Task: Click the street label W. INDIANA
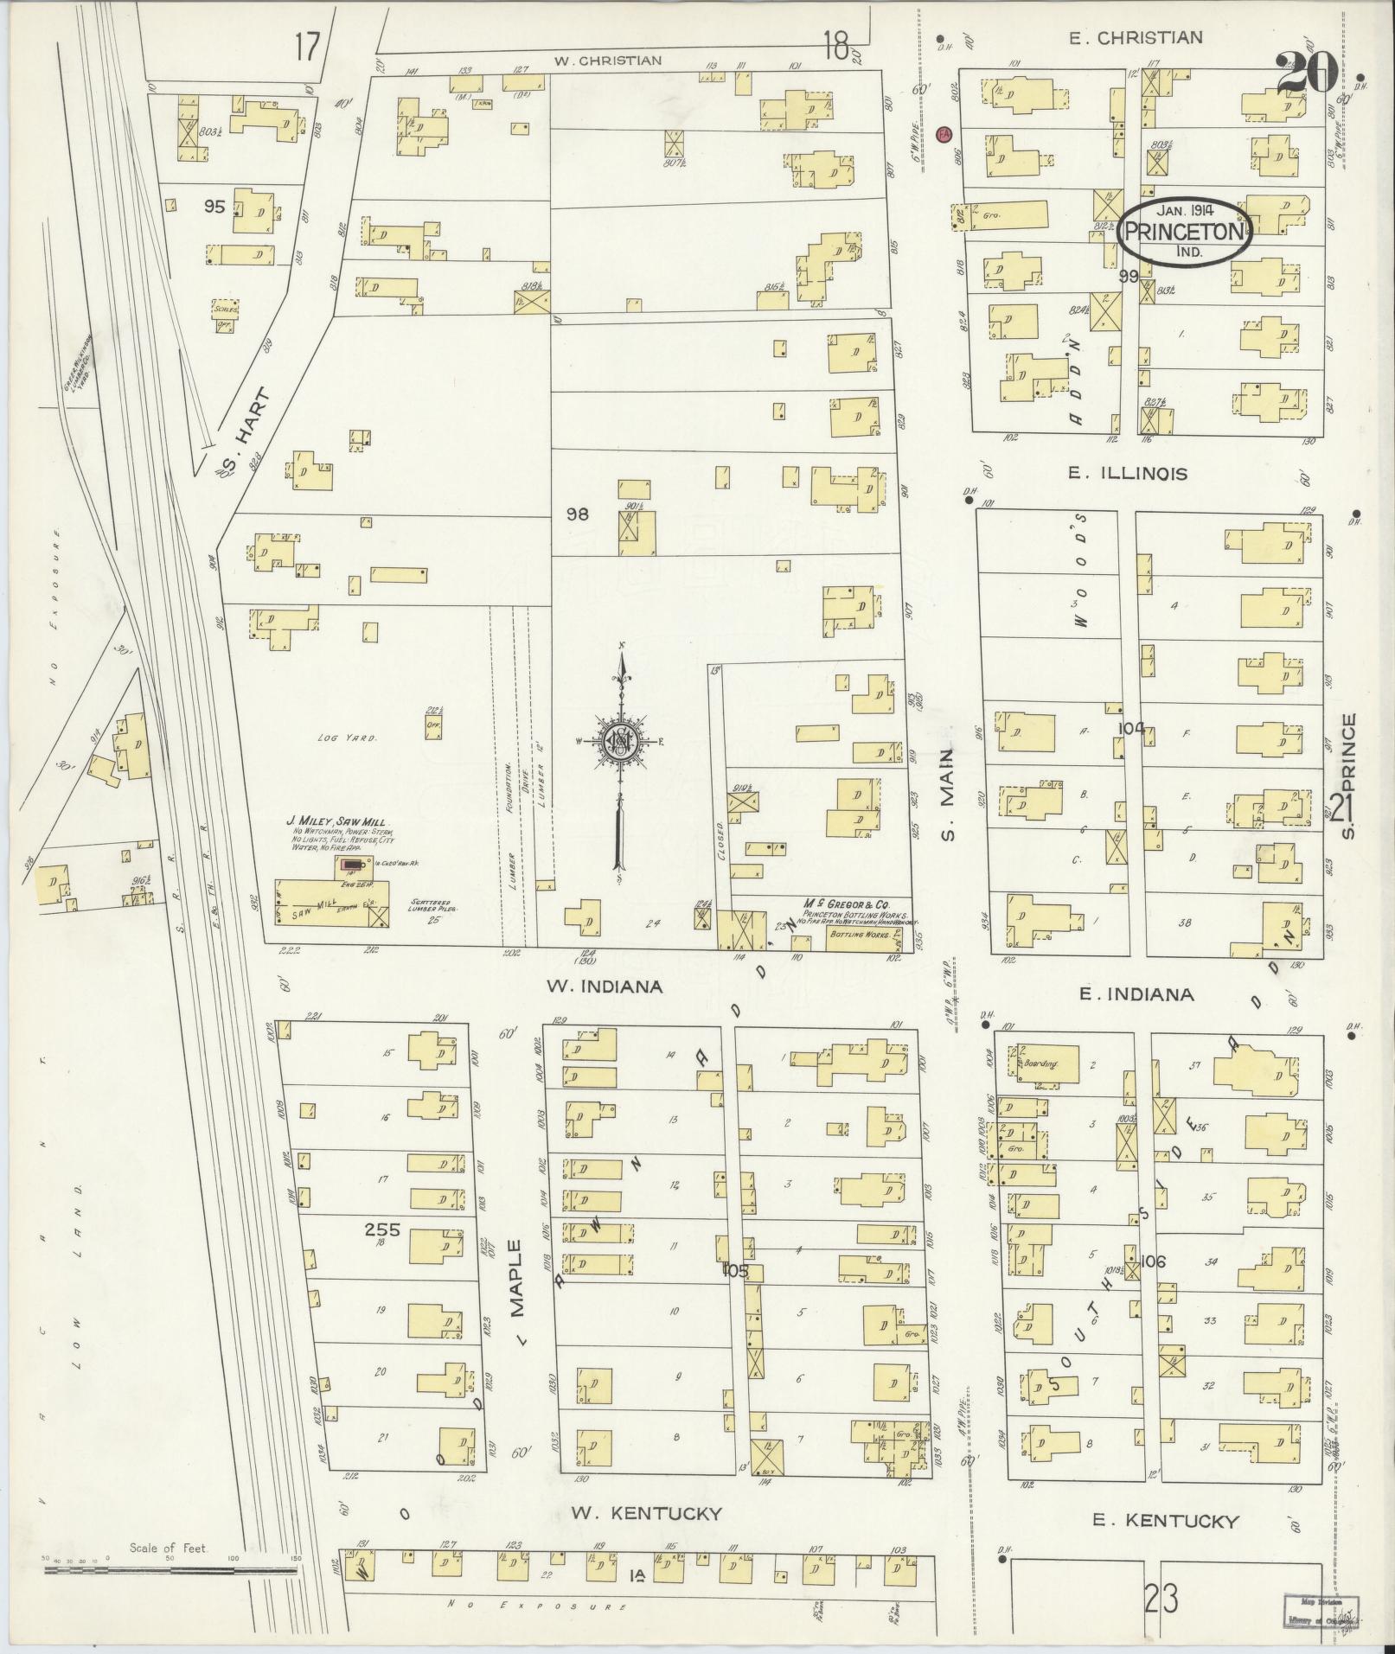click(x=603, y=987)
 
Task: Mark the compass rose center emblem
click(x=620, y=741)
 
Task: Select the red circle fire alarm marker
click(x=944, y=134)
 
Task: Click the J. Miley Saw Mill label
click(x=337, y=821)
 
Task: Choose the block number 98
click(x=577, y=514)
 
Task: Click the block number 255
click(x=381, y=1229)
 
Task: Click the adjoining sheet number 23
click(x=1160, y=1601)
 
